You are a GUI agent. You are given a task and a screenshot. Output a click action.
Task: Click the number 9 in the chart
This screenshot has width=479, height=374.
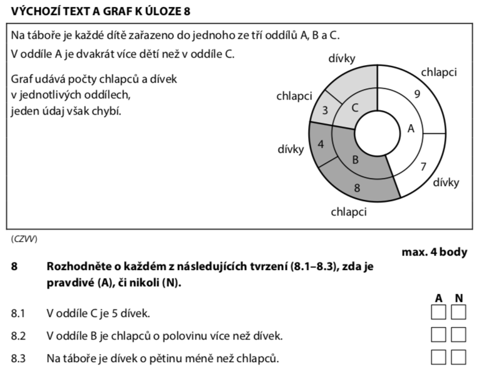[417, 95]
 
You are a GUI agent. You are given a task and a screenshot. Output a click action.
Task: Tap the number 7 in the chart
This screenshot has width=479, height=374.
[423, 167]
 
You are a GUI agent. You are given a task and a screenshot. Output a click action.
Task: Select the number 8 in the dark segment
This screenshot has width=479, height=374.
[357, 187]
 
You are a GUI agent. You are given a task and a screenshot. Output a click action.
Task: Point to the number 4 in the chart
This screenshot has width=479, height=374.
[321, 145]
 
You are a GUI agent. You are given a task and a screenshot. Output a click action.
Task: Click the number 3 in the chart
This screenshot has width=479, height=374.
[324, 110]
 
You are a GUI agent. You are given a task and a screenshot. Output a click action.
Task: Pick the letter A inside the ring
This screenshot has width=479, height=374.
[411, 129]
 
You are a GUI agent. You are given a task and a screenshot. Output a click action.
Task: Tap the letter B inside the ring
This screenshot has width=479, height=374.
[355, 160]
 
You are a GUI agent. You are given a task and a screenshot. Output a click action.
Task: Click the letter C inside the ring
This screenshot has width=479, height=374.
[354, 108]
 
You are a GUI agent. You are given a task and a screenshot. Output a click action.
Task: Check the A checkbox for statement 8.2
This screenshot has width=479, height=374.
[439, 335]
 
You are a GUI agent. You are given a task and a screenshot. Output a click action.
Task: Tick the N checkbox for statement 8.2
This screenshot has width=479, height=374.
[459, 335]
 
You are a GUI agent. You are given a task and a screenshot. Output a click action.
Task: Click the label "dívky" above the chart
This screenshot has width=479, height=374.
[342, 59]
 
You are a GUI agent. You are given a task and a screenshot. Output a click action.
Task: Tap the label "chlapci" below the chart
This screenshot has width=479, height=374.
[349, 212]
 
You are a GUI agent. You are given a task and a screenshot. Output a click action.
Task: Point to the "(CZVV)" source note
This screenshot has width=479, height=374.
[24, 239]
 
